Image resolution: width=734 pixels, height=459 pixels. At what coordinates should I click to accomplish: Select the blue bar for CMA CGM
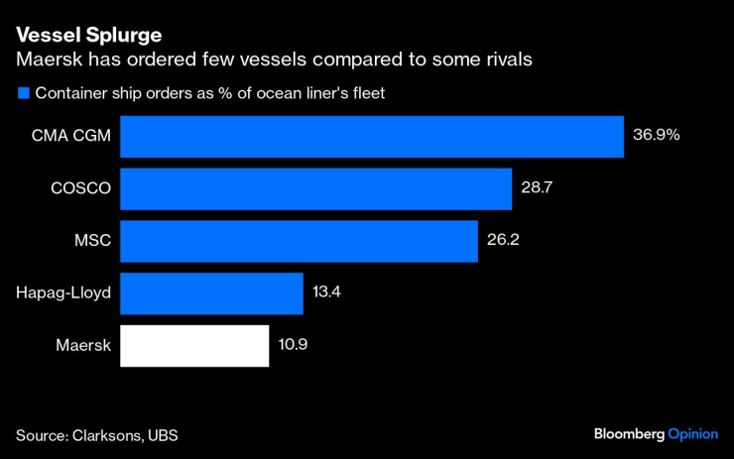[x=372, y=136]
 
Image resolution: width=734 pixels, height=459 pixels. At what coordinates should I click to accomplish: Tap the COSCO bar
[x=315, y=188]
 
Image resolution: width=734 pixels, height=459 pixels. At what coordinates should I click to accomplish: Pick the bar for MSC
[x=299, y=241]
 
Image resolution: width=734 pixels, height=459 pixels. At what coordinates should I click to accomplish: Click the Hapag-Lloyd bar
[x=211, y=293]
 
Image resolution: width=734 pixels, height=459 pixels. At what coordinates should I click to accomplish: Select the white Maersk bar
[x=194, y=346]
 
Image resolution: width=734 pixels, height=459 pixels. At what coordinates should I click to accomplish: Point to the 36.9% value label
[x=656, y=135]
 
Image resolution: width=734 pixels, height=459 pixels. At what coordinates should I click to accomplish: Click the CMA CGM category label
[x=71, y=136]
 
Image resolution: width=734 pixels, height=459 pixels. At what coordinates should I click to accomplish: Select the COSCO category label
[x=80, y=188]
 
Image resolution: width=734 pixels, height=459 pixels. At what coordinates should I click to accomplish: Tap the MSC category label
[x=91, y=241]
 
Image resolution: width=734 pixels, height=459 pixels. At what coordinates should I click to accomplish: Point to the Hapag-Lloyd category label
[x=63, y=293]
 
